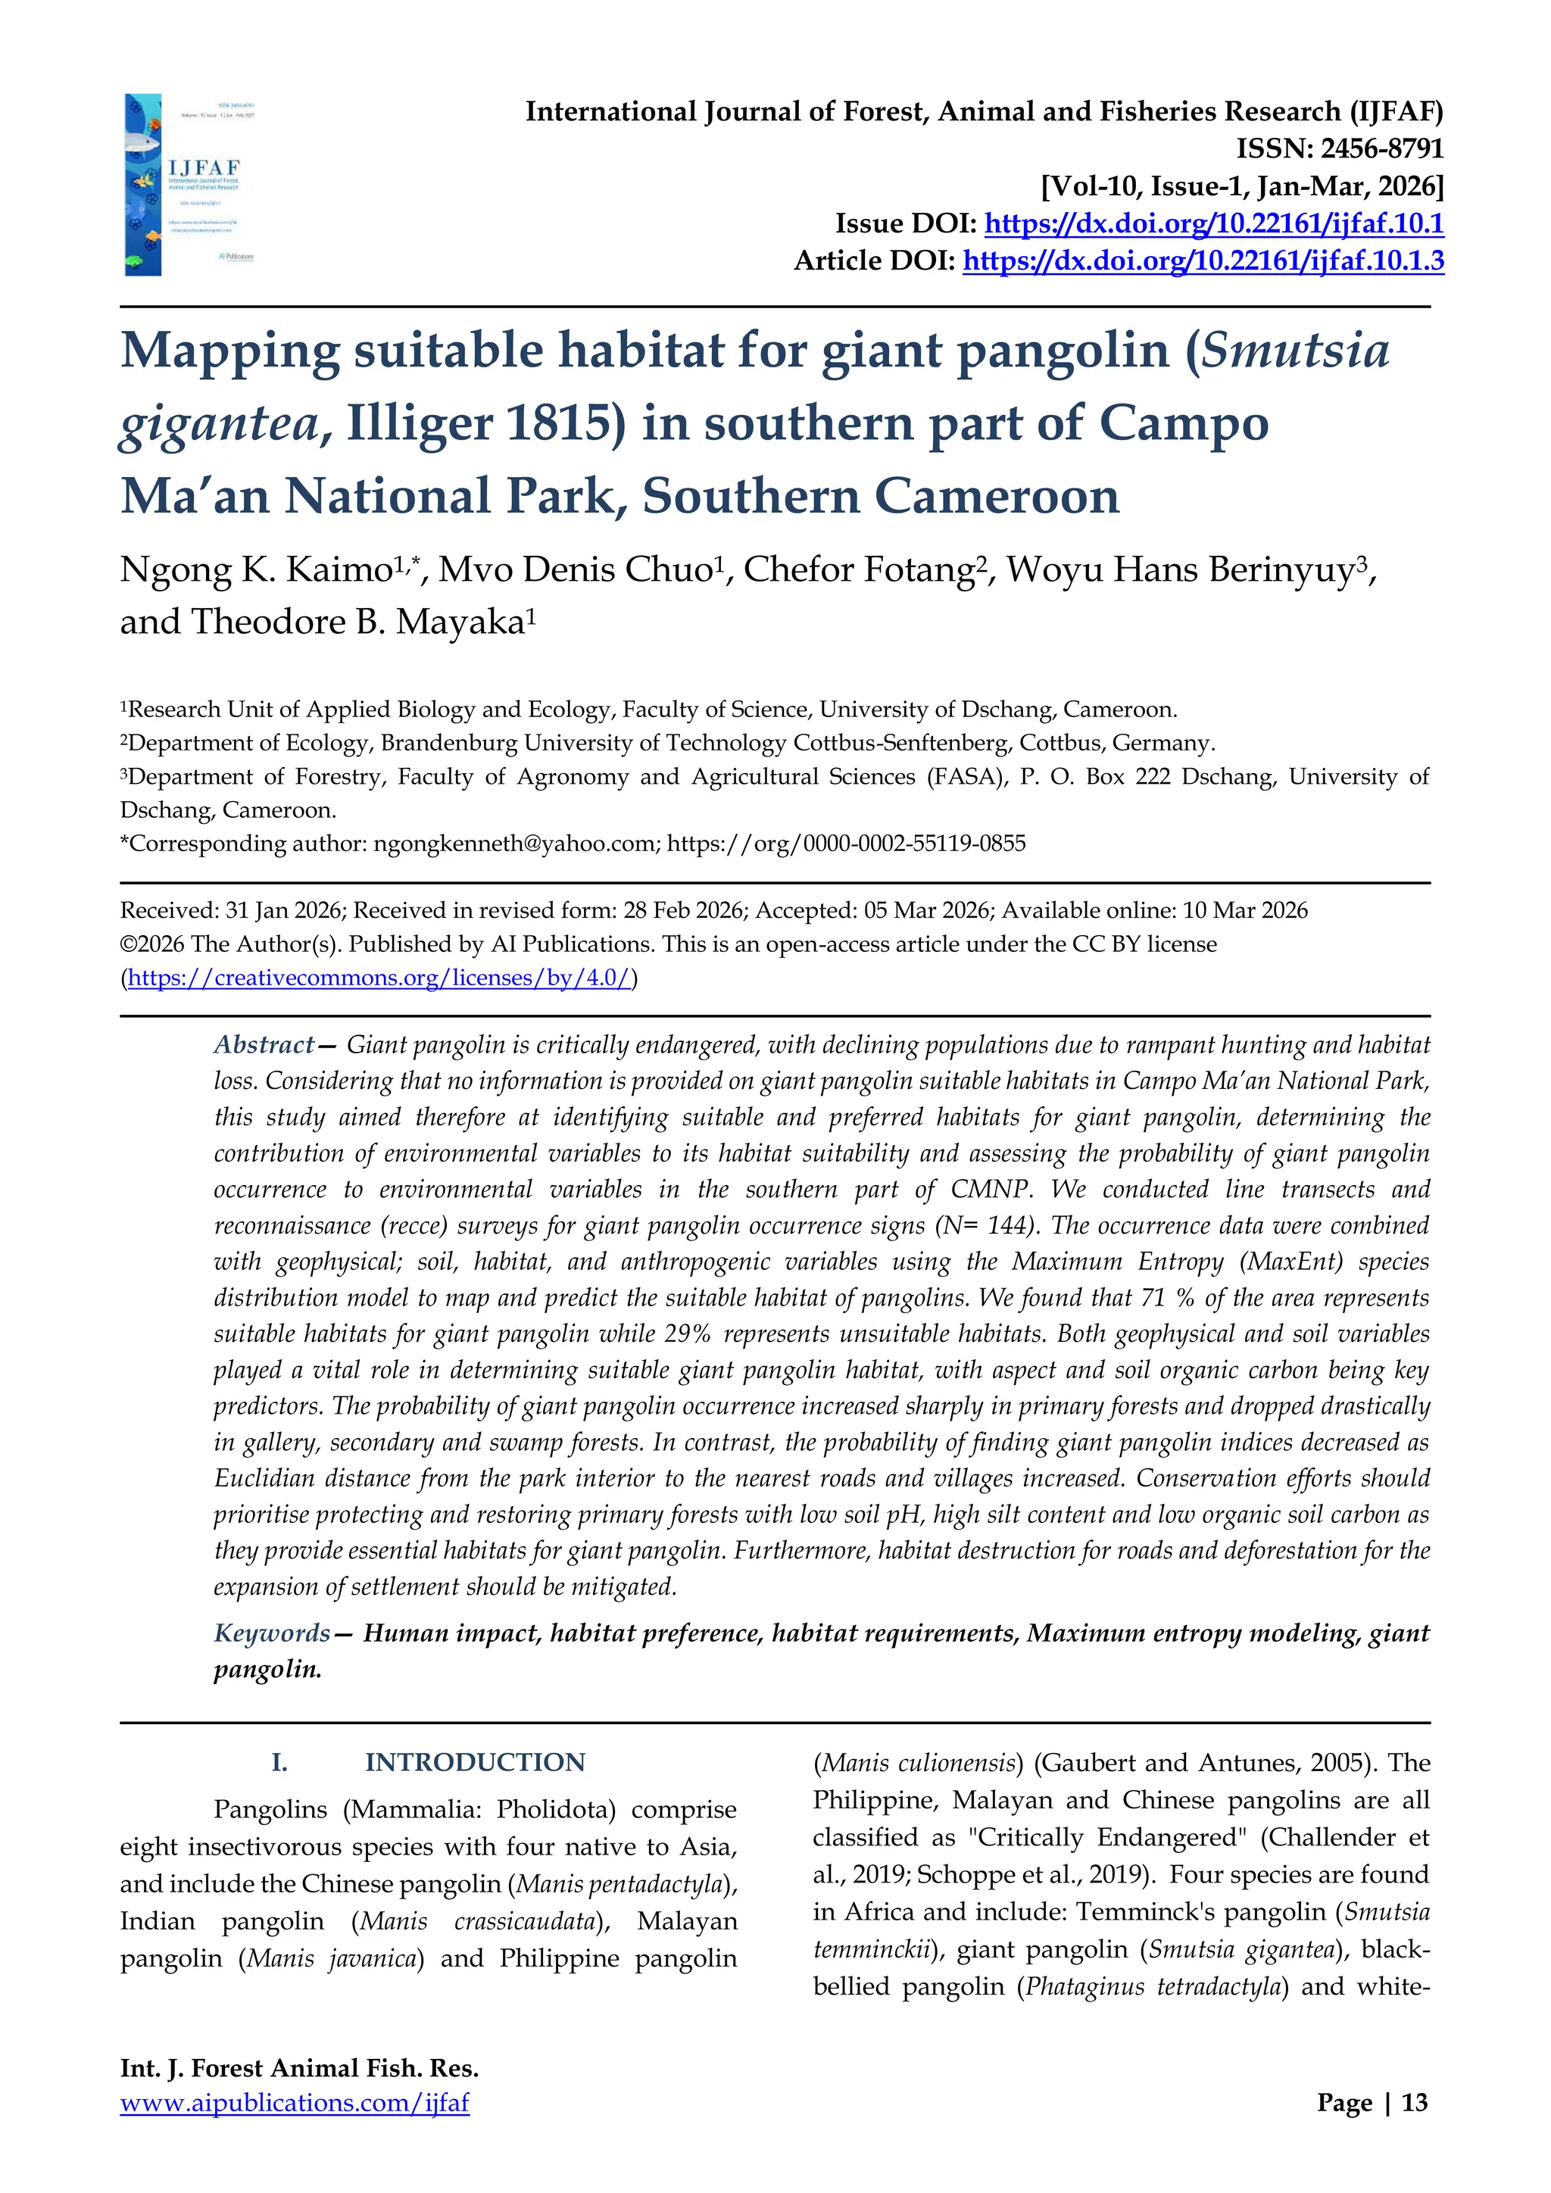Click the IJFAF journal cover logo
189,184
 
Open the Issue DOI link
1213,223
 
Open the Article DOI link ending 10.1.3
1203,260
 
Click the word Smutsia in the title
1294,350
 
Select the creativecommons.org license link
379,978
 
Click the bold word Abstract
264,1044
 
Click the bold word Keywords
271,1633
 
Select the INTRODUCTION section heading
475,1762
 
